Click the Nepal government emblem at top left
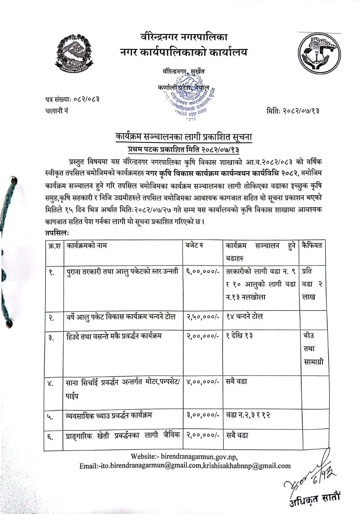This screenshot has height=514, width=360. tap(74, 53)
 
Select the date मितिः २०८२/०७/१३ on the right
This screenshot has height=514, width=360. tap(292, 110)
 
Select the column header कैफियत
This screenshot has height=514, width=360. tap(313, 245)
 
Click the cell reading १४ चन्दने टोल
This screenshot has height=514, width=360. tap(244, 317)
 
